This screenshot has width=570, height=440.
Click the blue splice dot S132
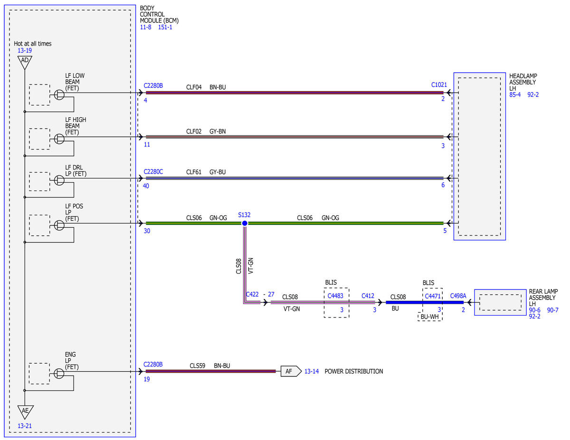pos(245,223)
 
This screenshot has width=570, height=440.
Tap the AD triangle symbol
pos(25,62)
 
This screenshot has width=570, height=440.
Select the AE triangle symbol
pos(25,412)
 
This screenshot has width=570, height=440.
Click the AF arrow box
pos(291,371)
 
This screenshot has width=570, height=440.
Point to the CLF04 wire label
pos(194,87)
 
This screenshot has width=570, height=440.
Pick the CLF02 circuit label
pos(194,131)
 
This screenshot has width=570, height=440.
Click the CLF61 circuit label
pos(194,172)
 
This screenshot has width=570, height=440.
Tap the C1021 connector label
pos(439,84)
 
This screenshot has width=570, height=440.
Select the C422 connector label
pos(252,294)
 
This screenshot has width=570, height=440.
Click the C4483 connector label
pos(335,296)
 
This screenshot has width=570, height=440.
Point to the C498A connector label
pos(458,296)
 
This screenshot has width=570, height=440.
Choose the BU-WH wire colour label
pos(429,317)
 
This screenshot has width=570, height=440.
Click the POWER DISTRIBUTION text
pos(353,371)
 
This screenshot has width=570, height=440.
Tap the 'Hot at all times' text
pos(32,44)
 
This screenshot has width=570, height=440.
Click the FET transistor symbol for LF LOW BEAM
pos(59,95)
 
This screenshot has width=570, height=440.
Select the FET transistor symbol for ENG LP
pos(59,374)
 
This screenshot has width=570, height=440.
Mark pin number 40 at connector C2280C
pos(146,186)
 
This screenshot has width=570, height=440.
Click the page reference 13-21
pos(25,426)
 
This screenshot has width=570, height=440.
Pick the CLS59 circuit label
pos(197,365)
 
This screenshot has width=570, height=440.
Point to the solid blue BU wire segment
pos(425,302)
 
